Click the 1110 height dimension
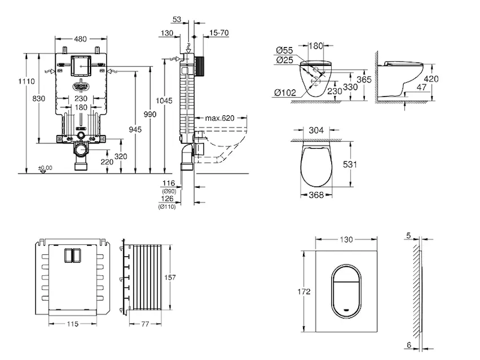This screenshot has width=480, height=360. [x=23, y=81]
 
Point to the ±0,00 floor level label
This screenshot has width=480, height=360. [x=45, y=168]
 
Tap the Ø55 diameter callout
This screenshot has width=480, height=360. [x=285, y=50]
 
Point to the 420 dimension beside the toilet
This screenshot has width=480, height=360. [x=431, y=79]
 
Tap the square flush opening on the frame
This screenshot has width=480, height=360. [x=80, y=65]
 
